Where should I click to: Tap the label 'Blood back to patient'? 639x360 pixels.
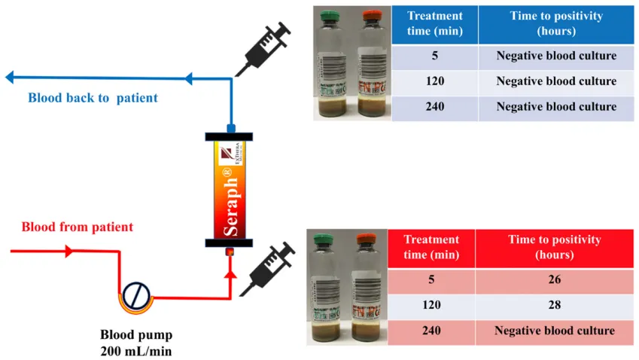(x=93, y=98)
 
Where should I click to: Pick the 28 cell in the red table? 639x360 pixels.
(x=555, y=306)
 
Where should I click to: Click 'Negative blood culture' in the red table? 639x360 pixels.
(x=555, y=331)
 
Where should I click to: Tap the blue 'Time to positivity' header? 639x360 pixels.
(x=556, y=25)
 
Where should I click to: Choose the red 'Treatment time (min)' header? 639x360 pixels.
(x=431, y=248)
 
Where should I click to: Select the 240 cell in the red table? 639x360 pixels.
(x=431, y=331)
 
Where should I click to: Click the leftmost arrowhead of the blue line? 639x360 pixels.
(x=10, y=78)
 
